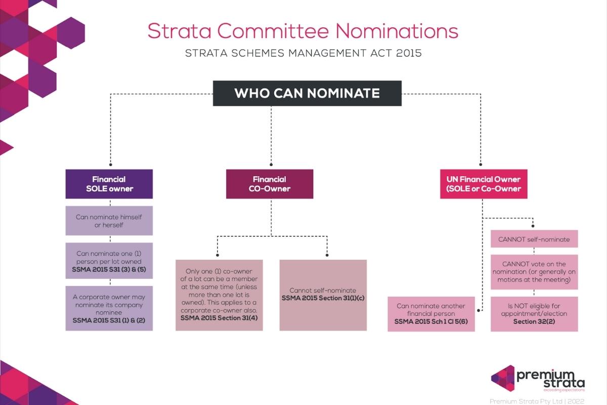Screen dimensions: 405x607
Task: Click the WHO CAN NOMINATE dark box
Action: [x=307, y=94]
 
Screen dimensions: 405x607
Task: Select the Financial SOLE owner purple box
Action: [x=109, y=184]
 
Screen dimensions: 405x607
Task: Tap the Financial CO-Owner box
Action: [x=269, y=184]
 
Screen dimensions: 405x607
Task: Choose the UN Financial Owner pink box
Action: [x=483, y=184]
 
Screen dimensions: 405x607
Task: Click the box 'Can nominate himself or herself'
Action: [x=109, y=221]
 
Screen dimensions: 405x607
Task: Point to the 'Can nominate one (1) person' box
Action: [x=109, y=261]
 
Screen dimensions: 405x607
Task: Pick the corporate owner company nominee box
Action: [x=109, y=308]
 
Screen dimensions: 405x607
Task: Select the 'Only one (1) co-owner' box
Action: [x=219, y=295]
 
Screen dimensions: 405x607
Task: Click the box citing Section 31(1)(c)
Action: [x=323, y=295]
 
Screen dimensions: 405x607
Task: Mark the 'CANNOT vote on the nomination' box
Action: [x=534, y=272]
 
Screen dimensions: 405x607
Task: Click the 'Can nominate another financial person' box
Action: [x=431, y=314]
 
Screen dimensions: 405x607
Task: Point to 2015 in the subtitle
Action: [x=409, y=53]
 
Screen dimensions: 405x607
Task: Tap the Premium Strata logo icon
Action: [x=503, y=378]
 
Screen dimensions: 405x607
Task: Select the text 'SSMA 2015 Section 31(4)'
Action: [x=219, y=318]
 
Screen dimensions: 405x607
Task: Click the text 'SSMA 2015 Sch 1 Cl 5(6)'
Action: [x=431, y=321]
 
